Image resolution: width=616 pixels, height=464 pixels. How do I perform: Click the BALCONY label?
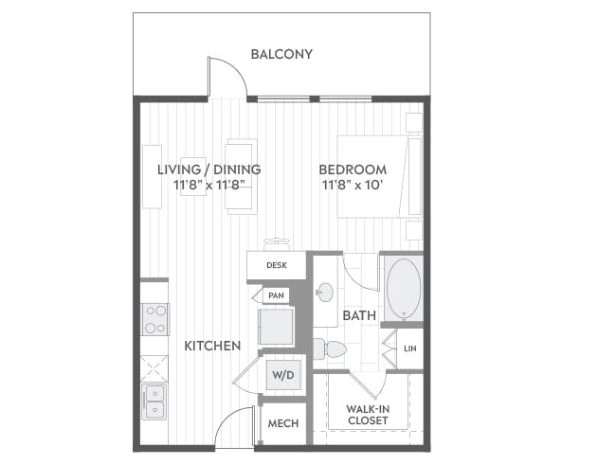tap(281, 54)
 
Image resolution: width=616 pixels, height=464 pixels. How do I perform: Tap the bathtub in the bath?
tap(404, 289)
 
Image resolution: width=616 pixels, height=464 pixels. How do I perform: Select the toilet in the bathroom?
tap(330, 349)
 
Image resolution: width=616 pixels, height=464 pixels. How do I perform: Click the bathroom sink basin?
tap(325, 293)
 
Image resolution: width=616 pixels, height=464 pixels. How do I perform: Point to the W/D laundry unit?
tap(282, 375)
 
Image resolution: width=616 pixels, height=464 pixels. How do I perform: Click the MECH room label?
tap(283, 423)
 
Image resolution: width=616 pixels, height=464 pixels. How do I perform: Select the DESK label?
tap(277, 265)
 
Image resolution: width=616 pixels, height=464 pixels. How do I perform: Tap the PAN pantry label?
tap(276, 295)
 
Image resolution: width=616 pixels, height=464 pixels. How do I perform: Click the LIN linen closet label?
tap(410, 348)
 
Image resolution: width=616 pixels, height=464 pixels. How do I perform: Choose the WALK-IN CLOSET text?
tap(368, 415)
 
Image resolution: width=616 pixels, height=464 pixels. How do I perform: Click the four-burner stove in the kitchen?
tap(155, 319)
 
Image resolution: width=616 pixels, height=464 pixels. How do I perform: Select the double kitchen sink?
tap(154, 402)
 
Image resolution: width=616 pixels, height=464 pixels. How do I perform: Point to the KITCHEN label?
tap(212, 346)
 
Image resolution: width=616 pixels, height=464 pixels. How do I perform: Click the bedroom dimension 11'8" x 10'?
tap(353, 184)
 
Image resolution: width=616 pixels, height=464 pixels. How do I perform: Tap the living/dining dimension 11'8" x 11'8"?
tap(209, 184)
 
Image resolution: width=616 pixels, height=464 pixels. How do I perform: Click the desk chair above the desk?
tap(277, 244)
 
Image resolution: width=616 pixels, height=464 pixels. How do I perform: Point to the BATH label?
tap(359, 315)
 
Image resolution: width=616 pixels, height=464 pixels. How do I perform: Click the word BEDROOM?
tap(353, 170)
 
